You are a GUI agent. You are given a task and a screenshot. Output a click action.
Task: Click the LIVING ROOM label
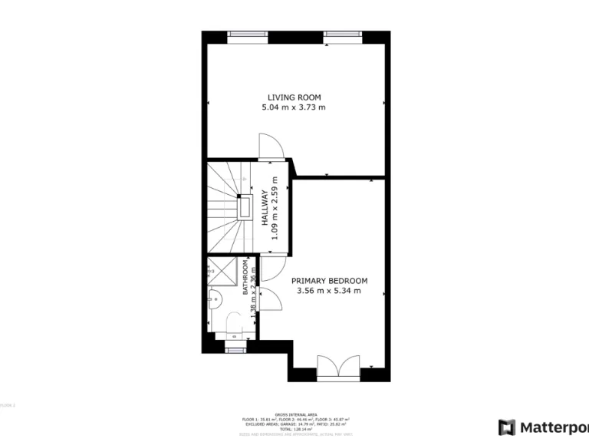pos(294,97)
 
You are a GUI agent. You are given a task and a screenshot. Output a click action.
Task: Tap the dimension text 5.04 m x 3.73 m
pos(294,107)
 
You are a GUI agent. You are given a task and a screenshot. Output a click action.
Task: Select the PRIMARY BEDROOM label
pos(329,281)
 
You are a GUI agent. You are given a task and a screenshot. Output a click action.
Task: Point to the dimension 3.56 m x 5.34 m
pos(329,291)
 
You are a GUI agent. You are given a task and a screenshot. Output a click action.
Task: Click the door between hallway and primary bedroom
pos(270,268)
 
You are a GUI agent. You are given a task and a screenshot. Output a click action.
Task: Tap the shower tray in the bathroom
pos(224,272)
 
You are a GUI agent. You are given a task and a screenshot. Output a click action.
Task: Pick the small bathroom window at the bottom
pos(235,350)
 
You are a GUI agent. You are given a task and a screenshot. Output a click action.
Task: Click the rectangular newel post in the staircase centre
pos(245,207)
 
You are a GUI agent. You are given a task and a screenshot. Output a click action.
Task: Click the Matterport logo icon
pos(507,427)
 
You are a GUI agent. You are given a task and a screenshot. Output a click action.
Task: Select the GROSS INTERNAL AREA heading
pos(294,414)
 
